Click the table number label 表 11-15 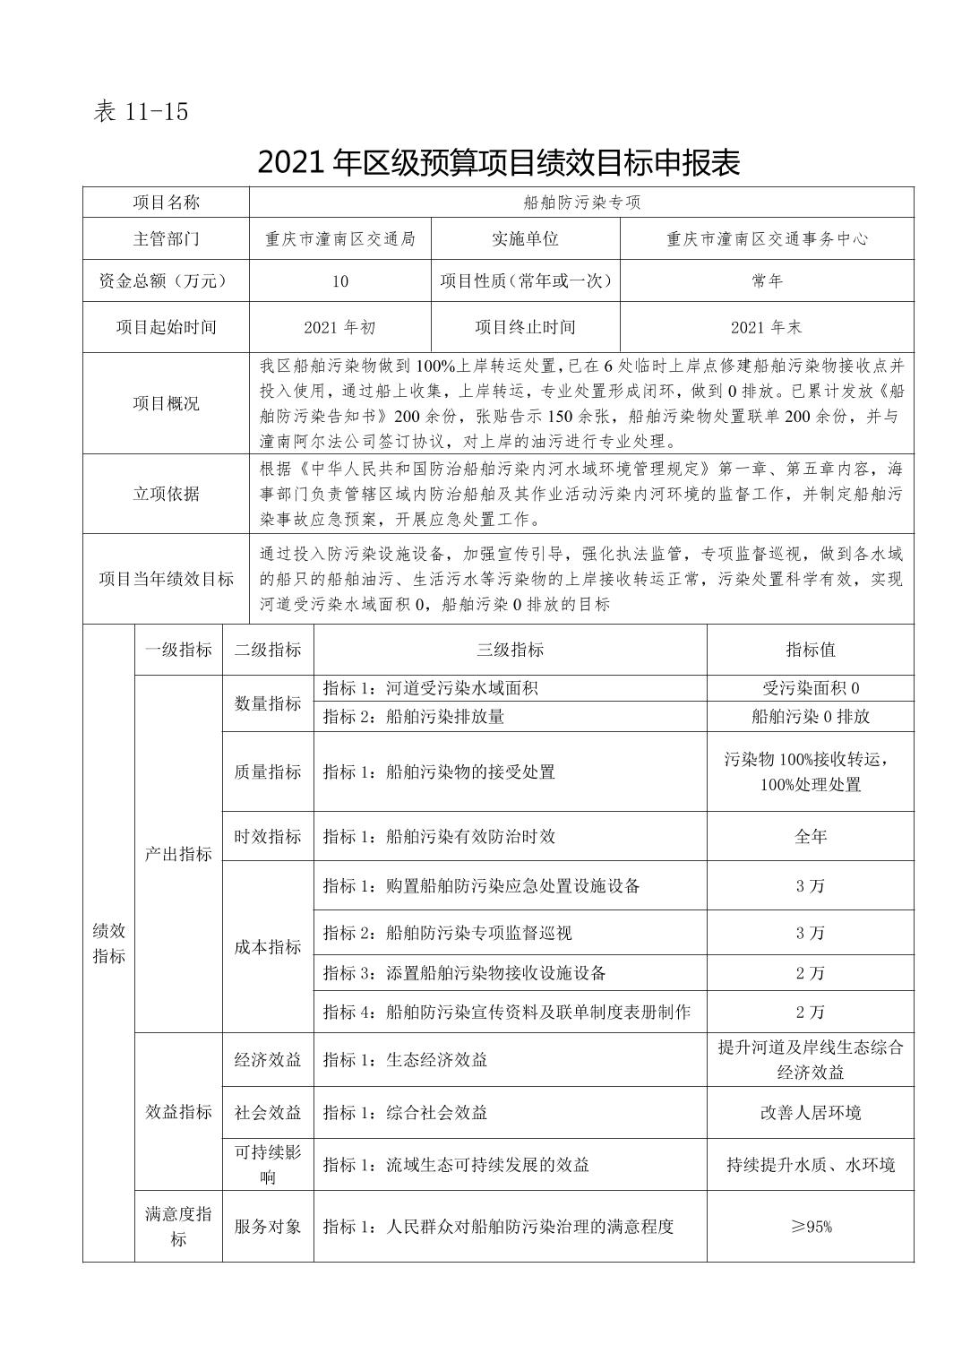pyautogui.click(x=141, y=113)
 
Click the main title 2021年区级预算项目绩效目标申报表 pyautogui.click(x=498, y=162)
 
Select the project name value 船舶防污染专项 pyautogui.click(x=581, y=203)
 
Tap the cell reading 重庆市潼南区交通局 pyautogui.click(x=340, y=239)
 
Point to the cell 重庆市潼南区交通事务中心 pyautogui.click(x=767, y=239)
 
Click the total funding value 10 pyautogui.click(x=340, y=281)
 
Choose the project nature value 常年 pyautogui.click(x=767, y=281)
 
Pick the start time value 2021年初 pyautogui.click(x=340, y=327)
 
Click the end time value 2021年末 pyautogui.click(x=767, y=327)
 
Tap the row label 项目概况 pyautogui.click(x=166, y=403)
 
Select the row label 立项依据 pyautogui.click(x=166, y=494)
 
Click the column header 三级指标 pyautogui.click(x=510, y=651)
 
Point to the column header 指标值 pyautogui.click(x=810, y=651)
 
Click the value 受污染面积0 pyautogui.click(x=810, y=688)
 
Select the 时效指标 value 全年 pyautogui.click(x=810, y=836)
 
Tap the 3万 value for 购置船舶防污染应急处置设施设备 pyautogui.click(x=810, y=886)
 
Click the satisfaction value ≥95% pyautogui.click(x=810, y=1227)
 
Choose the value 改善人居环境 pyautogui.click(x=810, y=1113)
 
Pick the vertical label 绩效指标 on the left pyautogui.click(x=108, y=944)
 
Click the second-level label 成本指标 pyautogui.click(x=268, y=947)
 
